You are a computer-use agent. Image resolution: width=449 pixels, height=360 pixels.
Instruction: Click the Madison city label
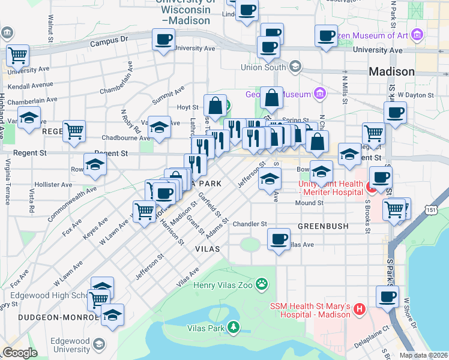point(391,71)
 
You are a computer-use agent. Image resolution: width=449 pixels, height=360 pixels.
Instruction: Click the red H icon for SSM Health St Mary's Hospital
point(360,310)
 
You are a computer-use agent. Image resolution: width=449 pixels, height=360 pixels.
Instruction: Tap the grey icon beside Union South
point(295,66)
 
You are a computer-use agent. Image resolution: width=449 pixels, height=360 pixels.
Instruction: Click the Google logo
point(20,353)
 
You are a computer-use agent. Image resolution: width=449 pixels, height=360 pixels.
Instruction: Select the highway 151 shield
point(432,209)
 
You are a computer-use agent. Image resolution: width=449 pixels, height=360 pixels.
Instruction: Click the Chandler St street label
point(250,223)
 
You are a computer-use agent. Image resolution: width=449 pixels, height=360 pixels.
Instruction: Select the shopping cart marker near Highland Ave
point(18,56)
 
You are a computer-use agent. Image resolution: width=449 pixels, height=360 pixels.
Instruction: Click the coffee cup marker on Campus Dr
point(163,41)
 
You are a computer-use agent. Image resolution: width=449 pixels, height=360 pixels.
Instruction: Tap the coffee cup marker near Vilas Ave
point(278,239)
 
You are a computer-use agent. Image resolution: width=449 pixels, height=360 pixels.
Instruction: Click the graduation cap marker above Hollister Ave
point(95,165)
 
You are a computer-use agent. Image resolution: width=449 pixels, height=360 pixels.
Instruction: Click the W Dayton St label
point(418,95)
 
